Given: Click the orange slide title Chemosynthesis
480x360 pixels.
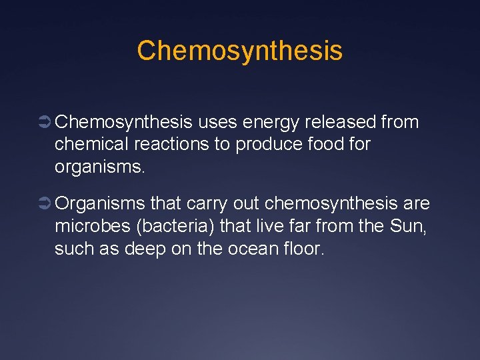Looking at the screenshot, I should [239, 51].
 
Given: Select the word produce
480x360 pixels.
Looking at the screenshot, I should [266, 144].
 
